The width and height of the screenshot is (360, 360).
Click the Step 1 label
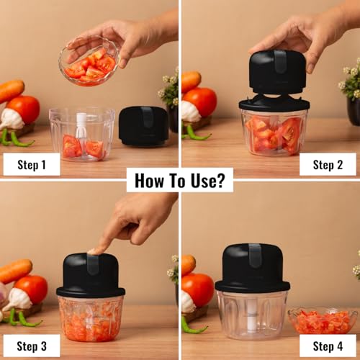click(x=31, y=164)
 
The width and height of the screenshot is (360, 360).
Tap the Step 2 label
click(x=329, y=164)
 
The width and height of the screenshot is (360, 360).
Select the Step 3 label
click(x=31, y=346)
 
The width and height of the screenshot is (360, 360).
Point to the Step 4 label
click(x=329, y=346)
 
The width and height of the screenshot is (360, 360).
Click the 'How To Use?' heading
click(x=180, y=180)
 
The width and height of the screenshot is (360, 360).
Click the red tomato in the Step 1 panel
click(x=26, y=109)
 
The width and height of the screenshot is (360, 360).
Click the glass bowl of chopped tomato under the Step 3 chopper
click(x=91, y=318)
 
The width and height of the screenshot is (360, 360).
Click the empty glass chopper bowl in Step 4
click(x=252, y=313)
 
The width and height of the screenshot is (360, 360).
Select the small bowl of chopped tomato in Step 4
click(x=322, y=320)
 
